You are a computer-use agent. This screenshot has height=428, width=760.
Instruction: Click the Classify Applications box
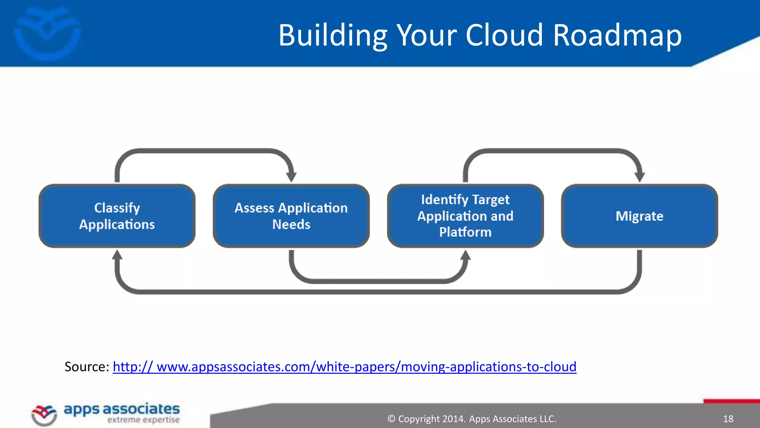[117, 216]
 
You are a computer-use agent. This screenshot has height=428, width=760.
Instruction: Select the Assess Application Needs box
[291, 216]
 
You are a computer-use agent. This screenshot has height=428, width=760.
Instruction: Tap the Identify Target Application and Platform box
[465, 216]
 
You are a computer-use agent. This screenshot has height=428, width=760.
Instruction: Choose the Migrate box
[639, 216]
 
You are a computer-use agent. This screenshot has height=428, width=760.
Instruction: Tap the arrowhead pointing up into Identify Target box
[465, 255]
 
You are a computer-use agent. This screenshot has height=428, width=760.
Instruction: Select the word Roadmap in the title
[617, 35]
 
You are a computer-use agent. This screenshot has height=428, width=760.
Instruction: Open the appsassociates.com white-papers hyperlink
[344, 367]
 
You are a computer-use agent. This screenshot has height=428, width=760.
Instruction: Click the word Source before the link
[86, 367]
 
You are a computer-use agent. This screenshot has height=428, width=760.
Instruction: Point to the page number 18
[728, 419]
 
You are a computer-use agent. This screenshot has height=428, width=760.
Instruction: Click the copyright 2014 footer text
[472, 419]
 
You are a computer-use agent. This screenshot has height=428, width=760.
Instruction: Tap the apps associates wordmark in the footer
[122, 409]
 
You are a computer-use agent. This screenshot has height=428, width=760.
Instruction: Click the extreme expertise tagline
[143, 420]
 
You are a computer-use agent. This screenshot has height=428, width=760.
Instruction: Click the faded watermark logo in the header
[47, 33]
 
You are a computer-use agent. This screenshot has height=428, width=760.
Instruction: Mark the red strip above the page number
[731, 401]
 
